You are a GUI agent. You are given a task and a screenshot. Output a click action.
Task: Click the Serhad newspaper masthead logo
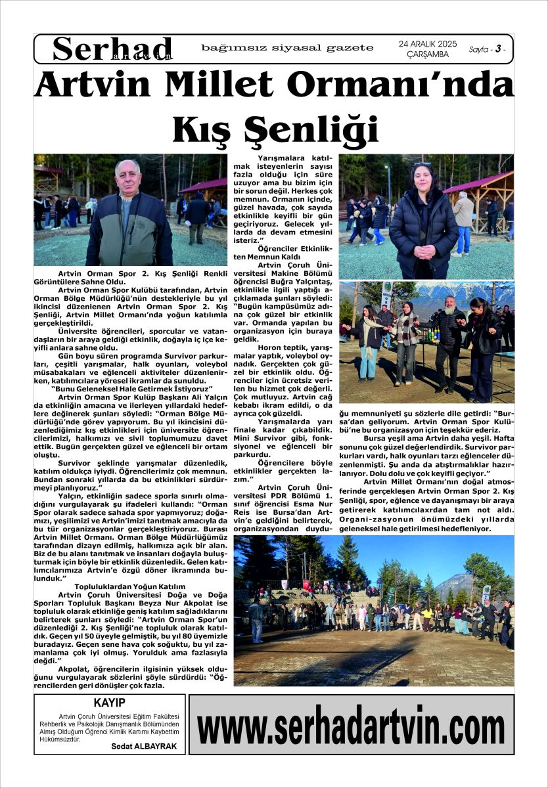pos(112,49)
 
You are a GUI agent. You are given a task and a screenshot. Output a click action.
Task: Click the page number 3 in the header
pos(498,49)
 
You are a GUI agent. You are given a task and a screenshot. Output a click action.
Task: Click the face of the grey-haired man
pos(127,177)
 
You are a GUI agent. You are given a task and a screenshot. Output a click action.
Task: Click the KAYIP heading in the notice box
pos(109,703)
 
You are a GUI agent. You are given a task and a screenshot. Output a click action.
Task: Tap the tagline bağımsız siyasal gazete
pos(287,48)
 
